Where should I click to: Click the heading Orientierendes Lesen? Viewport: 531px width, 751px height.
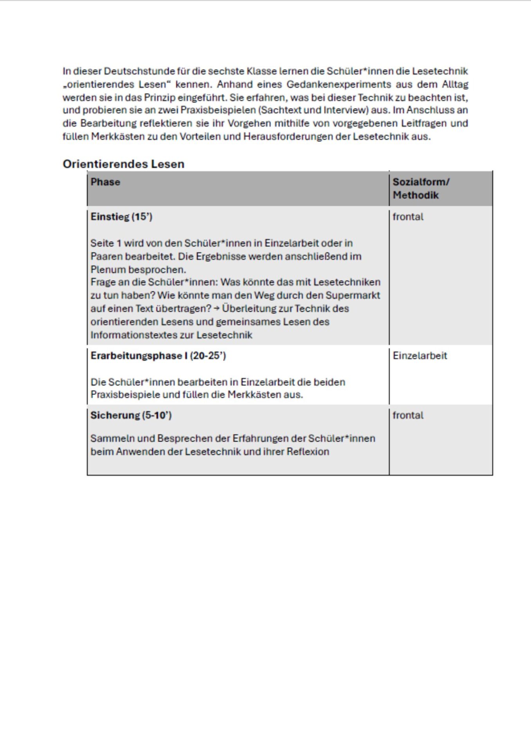click(123, 164)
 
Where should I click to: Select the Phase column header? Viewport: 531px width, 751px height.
click(105, 182)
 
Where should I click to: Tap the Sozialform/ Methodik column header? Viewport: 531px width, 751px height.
click(421, 188)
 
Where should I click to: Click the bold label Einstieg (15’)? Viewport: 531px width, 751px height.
click(121, 217)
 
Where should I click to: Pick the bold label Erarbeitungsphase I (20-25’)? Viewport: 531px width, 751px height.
click(158, 356)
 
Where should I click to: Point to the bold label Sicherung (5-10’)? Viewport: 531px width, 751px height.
click(131, 415)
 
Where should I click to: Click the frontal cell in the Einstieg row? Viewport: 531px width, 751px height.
click(408, 217)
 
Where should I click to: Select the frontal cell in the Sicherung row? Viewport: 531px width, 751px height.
click(408, 415)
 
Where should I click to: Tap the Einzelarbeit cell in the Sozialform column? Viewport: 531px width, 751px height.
click(419, 356)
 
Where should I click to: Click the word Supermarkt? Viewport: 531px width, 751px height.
click(353, 295)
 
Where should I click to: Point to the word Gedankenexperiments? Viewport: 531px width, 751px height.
click(339, 84)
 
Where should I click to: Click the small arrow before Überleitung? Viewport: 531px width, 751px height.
click(216, 309)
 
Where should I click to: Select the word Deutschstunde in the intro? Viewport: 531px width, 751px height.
click(139, 71)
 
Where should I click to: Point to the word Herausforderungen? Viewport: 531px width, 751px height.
click(297, 137)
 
